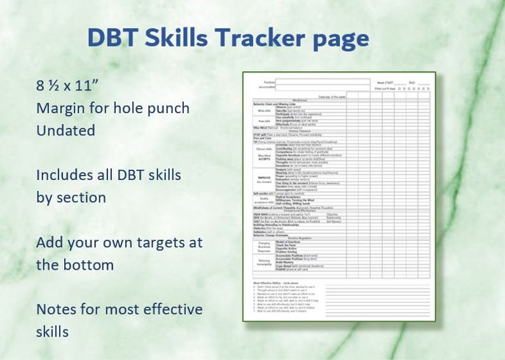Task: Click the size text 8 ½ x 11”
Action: (x=68, y=86)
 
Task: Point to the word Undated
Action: (x=66, y=130)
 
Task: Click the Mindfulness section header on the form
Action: (x=300, y=100)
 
